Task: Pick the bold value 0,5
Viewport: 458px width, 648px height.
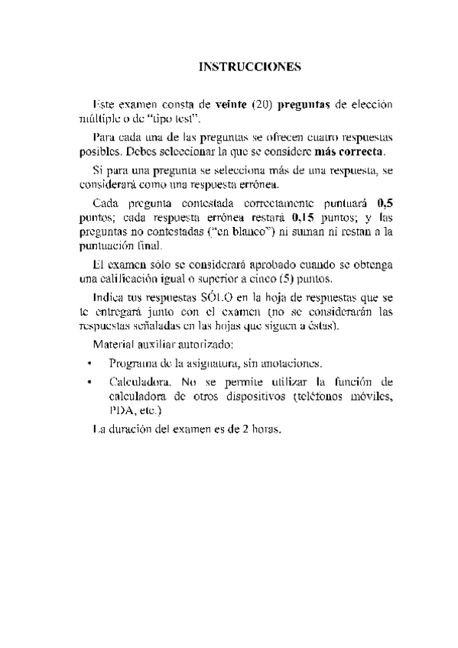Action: pyautogui.click(x=385, y=202)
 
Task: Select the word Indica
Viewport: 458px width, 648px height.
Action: pyautogui.click(x=106, y=297)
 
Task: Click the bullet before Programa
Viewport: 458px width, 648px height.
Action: pyautogui.click(x=89, y=364)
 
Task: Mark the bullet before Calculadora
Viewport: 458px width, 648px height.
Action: pyautogui.click(x=89, y=382)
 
